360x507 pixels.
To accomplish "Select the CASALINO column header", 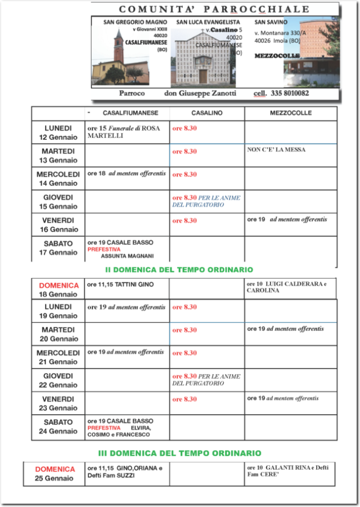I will pyautogui.click(x=207, y=113).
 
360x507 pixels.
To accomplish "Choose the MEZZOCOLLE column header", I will pyautogui.click(x=291, y=113).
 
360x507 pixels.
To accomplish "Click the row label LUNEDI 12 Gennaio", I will pyautogui.click(x=58, y=132).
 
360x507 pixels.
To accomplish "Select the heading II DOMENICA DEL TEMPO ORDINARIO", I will pyautogui.click(x=179, y=270).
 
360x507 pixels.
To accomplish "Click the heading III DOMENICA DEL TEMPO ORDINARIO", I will pyautogui.click(x=179, y=453).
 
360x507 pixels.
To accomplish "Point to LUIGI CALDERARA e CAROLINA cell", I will pyautogui.click(x=287, y=287).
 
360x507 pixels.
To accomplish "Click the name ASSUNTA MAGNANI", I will pyautogui.click(x=127, y=257).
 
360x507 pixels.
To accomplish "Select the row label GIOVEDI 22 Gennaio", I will pyautogui.click(x=58, y=380).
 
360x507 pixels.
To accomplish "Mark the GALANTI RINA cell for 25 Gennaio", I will pyautogui.click(x=288, y=471).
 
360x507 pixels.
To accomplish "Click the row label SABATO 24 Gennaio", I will pyautogui.click(x=58, y=426).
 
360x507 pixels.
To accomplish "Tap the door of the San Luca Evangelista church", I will pyautogui.click(x=203, y=76).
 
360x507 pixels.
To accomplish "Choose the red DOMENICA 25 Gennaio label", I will pyautogui.click(x=54, y=474).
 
